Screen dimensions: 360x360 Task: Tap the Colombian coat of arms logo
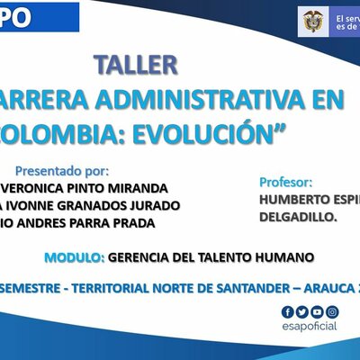pos(313,20)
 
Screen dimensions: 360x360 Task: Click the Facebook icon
pos(288,311)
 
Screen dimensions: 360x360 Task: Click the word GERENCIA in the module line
pos(139,256)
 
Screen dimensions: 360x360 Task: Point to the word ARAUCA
pos(319,288)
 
